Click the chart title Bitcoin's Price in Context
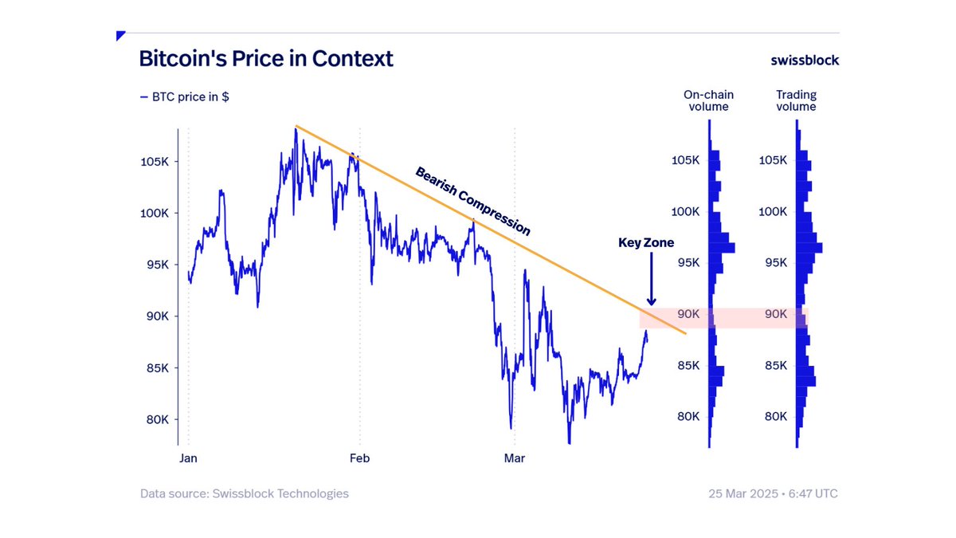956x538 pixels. tap(266, 59)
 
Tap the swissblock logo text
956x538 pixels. tap(805, 60)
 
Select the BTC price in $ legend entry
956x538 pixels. tap(185, 97)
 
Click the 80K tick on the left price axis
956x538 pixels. tap(155, 420)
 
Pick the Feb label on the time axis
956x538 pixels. tap(360, 458)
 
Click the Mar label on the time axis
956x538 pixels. tap(515, 458)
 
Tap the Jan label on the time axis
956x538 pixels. tap(188, 458)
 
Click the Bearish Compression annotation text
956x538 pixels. tap(472, 201)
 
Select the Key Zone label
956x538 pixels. tap(646, 242)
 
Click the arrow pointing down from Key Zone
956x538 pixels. tap(651, 279)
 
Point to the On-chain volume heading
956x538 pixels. tap(708, 100)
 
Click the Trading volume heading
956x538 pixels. tap(796, 100)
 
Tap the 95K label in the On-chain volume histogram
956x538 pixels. tap(685, 263)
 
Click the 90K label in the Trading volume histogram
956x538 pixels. tap(774, 314)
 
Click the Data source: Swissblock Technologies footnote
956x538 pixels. tap(245, 493)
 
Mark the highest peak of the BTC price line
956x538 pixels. tap(296, 128)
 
